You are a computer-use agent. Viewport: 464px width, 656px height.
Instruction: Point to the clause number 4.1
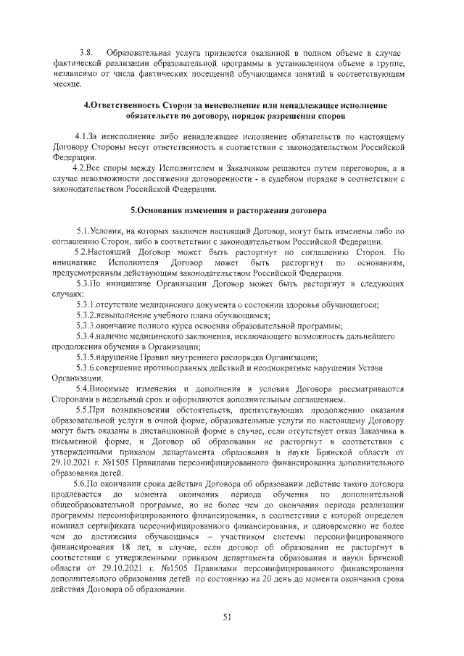coord(83,136)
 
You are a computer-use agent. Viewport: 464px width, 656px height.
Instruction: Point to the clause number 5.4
coord(83,389)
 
